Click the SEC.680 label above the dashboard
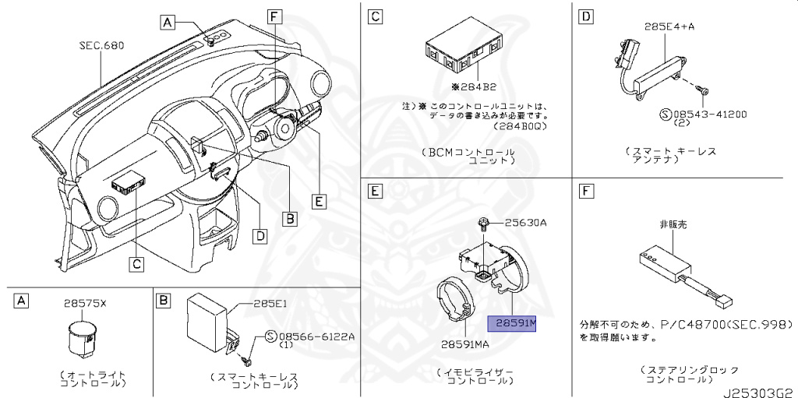coord(101,46)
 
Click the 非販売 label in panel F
coord(673,224)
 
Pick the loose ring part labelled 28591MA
coord(455,305)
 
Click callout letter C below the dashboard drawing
coord(136,264)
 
